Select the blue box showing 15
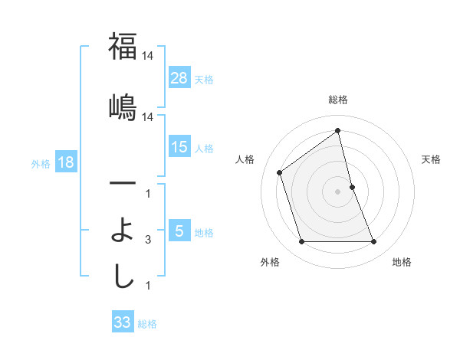click(179, 147)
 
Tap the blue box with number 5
click(179, 231)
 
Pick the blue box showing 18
click(65, 162)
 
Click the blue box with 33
click(123, 322)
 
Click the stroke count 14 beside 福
click(147, 57)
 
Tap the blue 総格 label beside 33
click(147, 324)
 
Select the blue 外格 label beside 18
click(40, 163)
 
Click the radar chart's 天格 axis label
click(431, 159)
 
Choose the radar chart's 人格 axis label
click(245, 159)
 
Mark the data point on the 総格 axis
click(337, 130)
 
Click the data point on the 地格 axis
click(374, 242)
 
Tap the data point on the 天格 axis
click(352, 186)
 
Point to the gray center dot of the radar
click(337, 191)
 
